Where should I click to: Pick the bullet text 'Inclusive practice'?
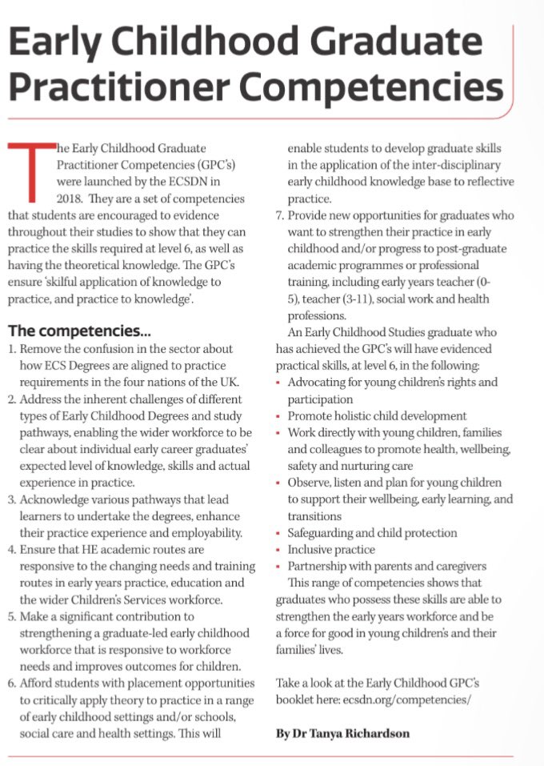point(331,549)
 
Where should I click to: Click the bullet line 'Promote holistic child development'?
point(377,415)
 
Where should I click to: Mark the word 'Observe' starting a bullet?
point(309,483)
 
